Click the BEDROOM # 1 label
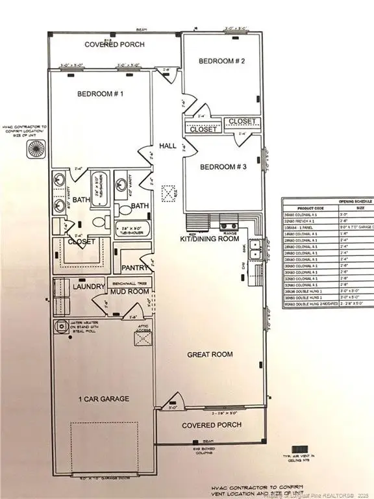(101, 94)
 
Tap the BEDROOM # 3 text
(222, 167)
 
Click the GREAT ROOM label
(210, 354)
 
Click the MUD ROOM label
(121, 292)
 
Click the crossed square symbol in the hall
(169, 193)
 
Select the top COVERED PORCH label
(114, 45)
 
